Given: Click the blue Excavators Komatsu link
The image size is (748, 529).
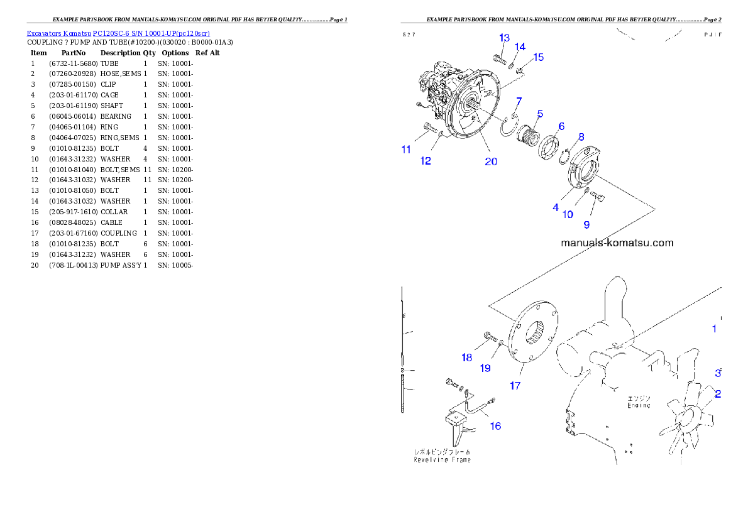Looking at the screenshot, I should pyautogui.click(x=118, y=33).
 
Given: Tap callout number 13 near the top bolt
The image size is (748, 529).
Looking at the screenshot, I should pyautogui.click(x=504, y=38).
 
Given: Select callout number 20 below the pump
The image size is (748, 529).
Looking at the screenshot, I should pyautogui.click(x=490, y=161).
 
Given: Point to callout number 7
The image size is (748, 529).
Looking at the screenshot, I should pyautogui.click(x=519, y=101).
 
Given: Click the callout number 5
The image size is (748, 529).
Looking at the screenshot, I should pyautogui.click(x=539, y=114).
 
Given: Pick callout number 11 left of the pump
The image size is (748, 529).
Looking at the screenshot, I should pyautogui.click(x=406, y=150).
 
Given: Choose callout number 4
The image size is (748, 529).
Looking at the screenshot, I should pyautogui.click(x=556, y=207).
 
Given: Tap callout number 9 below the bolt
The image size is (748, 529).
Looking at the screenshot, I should pyautogui.click(x=586, y=224).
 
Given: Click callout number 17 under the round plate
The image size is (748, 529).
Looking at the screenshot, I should pyautogui.click(x=515, y=386).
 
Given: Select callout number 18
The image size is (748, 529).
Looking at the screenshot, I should pyautogui.click(x=466, y=357).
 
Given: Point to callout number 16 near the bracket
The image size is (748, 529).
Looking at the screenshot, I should pyautogui.click(x=495, y=426).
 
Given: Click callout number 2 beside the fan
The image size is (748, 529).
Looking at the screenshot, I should pyautogui.click(x=717, y=395).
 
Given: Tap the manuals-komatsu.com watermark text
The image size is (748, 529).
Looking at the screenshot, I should pyautogui.click(x=617, y=243).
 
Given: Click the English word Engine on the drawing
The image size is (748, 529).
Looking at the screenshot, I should pyautogui.click(x=638, y=406).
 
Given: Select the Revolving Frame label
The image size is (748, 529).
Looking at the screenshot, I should pyautogui.click(x=442, y=459).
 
